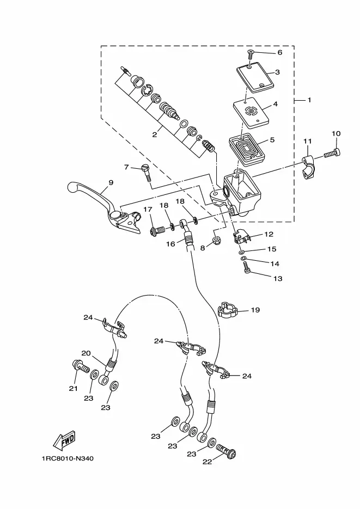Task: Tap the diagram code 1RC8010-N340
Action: tap(68, 458)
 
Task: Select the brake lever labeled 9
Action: tap(103, 208)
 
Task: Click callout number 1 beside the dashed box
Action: tap(309, 100)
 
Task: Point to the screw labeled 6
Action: tap(251, 54)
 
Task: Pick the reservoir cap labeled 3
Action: tap(255, 76)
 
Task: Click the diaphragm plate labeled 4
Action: tap(251, 114)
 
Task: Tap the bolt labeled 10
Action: tap(332, 153)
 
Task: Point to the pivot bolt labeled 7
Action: tap(146, 173)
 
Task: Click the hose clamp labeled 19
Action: tap(228, 309)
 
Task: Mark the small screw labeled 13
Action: tap(248, 268)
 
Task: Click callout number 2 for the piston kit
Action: tap(155, 134)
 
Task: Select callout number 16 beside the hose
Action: tap(171, 244)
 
